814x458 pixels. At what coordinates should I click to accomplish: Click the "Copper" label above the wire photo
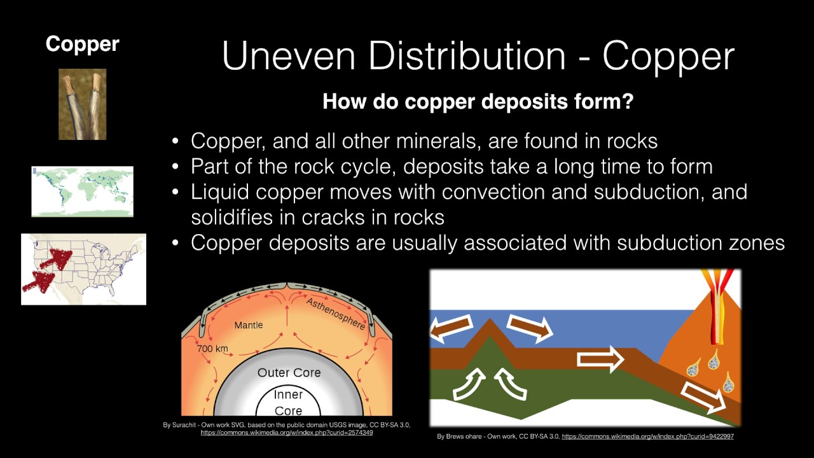82,44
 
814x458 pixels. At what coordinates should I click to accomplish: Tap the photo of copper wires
83,104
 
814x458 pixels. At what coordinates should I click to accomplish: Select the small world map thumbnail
83,191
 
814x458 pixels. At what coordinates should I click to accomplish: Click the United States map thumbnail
83,269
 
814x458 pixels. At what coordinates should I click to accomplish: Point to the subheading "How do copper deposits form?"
478,102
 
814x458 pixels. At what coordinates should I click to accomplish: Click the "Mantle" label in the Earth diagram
249,325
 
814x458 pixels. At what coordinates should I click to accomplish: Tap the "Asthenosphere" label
336,314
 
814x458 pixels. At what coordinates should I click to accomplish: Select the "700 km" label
212,349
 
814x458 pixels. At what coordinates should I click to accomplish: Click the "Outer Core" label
289,372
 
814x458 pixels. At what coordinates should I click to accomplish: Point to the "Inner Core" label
288,402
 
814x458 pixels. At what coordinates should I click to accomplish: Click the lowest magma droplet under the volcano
729,383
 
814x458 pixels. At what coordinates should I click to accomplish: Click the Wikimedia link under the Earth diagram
287,433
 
